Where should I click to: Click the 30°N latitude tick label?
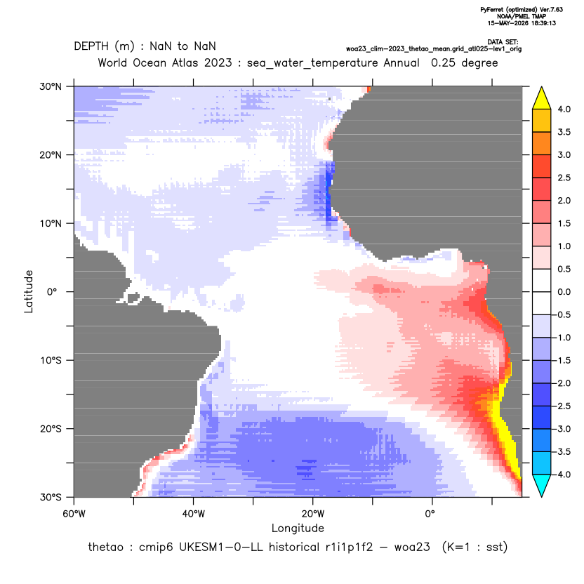pos(51,86)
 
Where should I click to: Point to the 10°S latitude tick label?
pos(51,361)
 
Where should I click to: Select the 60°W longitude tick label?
pos(74,514)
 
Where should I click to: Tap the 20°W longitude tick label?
pos(313,514)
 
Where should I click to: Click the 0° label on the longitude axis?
pos(430,514)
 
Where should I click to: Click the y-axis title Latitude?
pos(29,291)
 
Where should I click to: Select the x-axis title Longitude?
pos(298,528)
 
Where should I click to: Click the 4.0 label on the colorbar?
pos(564,109)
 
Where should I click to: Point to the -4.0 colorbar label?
pos(562,474)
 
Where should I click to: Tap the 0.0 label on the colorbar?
pos(564,292)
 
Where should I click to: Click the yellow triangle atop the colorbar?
pos(542,98)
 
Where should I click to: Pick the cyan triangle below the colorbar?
pos(542,486)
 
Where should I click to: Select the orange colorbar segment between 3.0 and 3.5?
pos(542,143)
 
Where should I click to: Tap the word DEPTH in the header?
pos(91,46)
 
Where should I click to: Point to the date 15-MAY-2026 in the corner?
pos(509,23)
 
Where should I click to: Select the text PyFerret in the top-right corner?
pos(493,10)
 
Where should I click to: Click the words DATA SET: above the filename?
pos(503,42)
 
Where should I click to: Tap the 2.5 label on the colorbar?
pos(564,178)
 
